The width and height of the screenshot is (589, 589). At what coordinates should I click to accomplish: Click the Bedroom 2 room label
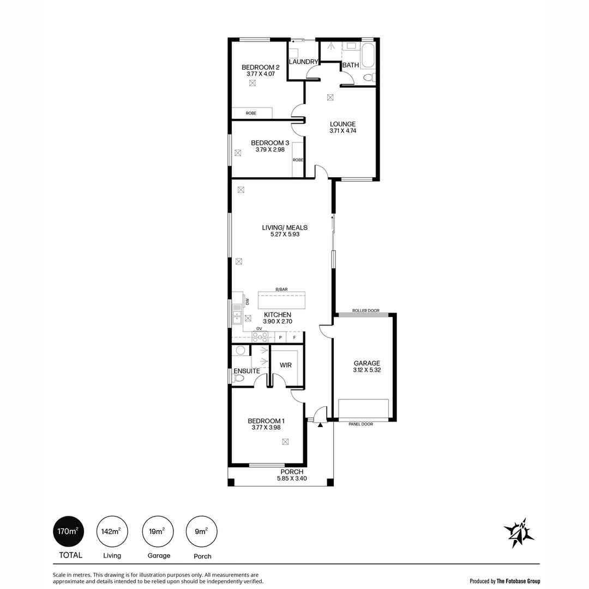(260, 68)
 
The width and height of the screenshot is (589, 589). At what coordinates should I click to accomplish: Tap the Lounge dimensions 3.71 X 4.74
(342, 131)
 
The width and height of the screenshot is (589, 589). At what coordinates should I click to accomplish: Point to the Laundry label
(303, 62)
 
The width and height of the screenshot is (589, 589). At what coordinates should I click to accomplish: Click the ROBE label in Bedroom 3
(298, 160)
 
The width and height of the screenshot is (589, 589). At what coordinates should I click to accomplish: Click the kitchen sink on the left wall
(237, 314)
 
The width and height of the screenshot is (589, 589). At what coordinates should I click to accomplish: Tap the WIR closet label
(285, 365)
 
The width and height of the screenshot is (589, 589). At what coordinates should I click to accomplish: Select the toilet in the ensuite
(238, 378)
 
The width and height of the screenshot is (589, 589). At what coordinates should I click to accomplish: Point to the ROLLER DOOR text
(365, 310)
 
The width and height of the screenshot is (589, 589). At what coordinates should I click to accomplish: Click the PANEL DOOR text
(360, 424)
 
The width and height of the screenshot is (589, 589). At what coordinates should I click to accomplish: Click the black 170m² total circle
(68, 531)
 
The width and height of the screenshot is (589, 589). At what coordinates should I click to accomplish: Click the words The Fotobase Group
(518, 581)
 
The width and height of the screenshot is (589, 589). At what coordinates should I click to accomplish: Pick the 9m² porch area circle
(202, 531)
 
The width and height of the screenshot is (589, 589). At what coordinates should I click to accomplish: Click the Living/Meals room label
(285, 227)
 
